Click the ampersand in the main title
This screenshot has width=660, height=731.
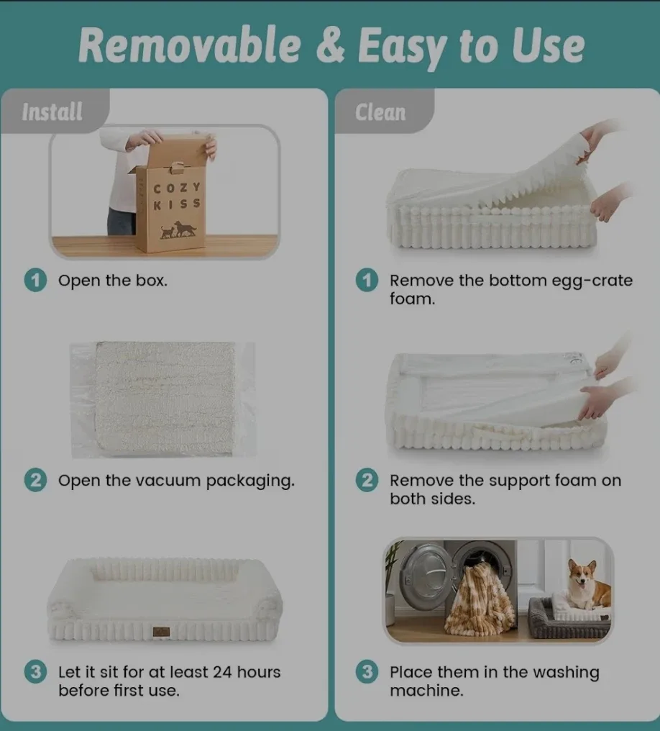(330, 46)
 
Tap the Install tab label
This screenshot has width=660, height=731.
(52, 112)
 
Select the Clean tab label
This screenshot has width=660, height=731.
(380, 112)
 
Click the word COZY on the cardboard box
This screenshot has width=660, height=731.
(177, 188)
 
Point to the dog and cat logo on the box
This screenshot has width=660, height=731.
(178, 230)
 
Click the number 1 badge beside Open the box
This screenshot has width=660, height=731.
(35, 280)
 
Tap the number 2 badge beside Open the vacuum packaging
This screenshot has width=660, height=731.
(35, 480)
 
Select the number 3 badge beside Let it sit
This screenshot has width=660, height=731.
(35, 672)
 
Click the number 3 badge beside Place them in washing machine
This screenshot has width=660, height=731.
(367, 672)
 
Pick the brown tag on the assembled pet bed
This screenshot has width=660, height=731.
(161, 632)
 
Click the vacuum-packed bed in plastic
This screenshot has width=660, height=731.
(163, 399)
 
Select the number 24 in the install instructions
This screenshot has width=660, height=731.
(222, 672)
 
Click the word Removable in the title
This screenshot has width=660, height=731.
(190, 45)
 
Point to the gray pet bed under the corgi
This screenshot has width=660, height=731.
(569, 618)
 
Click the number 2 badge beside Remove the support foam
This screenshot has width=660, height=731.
(367, 480)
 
